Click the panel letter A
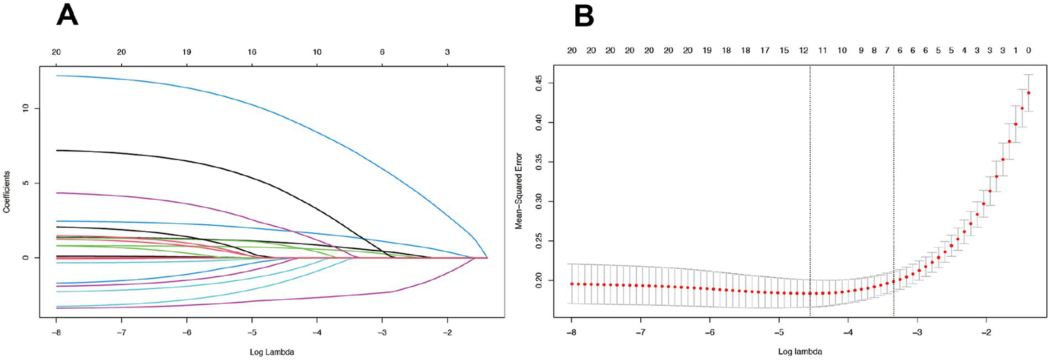(68, 16)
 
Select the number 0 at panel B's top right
(1028, 50)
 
